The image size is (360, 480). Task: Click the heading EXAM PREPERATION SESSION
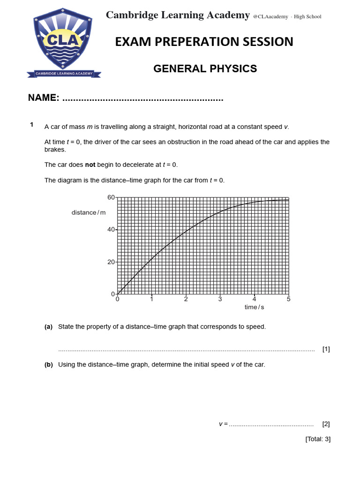tap(204, 42)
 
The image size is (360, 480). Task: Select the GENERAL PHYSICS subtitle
tap(205, 69)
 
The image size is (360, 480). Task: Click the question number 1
tap(31, 125)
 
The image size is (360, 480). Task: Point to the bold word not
tap(90, 165)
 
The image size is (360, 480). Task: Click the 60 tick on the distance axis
tap(111, 197)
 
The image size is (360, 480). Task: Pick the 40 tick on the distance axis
tap(111, 230)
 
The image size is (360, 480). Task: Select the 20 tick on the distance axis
tap(111, 262)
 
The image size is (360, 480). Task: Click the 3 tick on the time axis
tap(220, 299)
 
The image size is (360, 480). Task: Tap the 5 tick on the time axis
tap(288, 299)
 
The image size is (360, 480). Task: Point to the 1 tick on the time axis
tap(151, 299)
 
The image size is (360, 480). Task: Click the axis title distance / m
tap(89, 213)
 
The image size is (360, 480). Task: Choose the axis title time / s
tap(254, 307)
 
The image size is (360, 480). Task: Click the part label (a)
tap(49, 327)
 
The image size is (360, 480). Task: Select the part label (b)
tap(49, 365)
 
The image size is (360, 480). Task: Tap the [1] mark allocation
tap(326, 349)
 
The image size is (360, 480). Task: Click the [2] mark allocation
tap(326, 424)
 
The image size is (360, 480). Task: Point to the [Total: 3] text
tap(318, 439)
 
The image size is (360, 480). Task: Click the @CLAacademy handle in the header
tap(270, 17)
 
